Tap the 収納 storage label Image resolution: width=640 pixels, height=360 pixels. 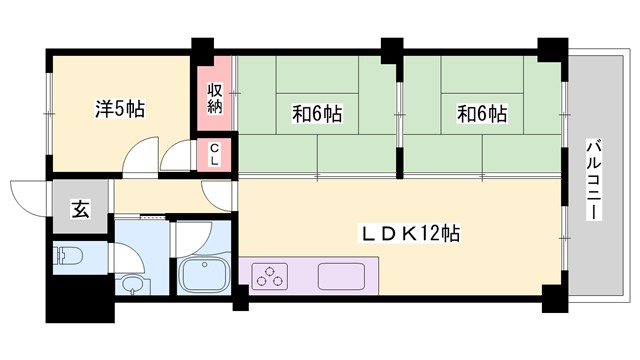[214, 97]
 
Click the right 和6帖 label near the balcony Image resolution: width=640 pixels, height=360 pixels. [482, 113]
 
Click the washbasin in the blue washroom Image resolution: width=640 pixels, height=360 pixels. [134, 285]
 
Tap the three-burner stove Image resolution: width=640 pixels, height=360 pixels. [270, 275]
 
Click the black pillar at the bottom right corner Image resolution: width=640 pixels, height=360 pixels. [551, 297]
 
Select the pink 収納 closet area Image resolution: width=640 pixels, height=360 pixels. [214, 97]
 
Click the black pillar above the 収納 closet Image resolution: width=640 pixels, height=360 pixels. [204, 47]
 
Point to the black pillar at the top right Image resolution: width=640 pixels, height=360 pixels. [551, 48]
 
